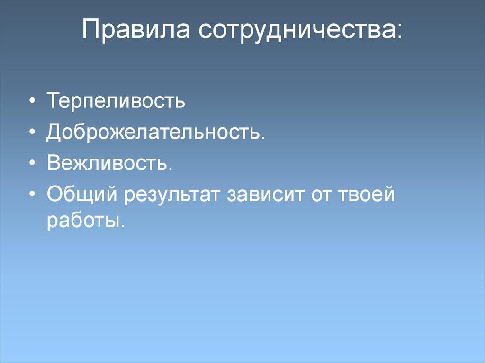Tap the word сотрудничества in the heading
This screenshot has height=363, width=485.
pos(296,31)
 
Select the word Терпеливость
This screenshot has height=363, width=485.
pos(115,102)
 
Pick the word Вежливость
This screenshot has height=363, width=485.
pos(107,163)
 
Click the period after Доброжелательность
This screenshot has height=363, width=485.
pos(262,138)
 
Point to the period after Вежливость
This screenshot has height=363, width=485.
pos(170,169)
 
